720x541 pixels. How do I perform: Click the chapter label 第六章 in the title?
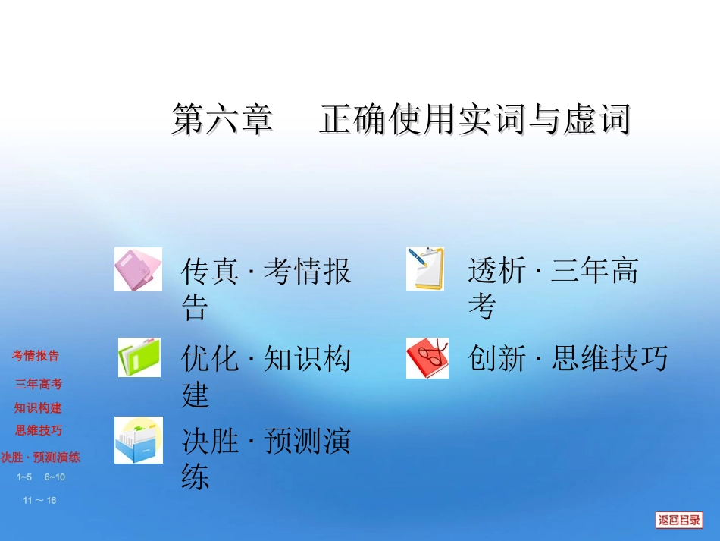[x=221, y=121]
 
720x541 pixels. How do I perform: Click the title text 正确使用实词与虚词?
[x=474, y=121]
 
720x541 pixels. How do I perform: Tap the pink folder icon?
[x=138, y=269]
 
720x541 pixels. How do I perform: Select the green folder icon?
[x=139, y=357]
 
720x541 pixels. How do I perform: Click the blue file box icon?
[x=138, y=440]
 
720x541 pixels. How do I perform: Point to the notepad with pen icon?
[x=425, y=269]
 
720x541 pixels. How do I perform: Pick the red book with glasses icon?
[x=427, y=357]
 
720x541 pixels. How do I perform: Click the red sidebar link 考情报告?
[x=35, y=355]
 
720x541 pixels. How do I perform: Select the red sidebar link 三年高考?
[x=39, y=384]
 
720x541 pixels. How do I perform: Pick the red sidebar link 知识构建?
[x=38, y=407]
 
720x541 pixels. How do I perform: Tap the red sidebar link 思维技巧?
[x=39, y=430]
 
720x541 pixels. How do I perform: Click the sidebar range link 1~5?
[x=24, y=477]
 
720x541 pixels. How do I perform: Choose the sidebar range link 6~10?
[x=55, y=477]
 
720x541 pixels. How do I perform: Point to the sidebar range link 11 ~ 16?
[x=39, y=500]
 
